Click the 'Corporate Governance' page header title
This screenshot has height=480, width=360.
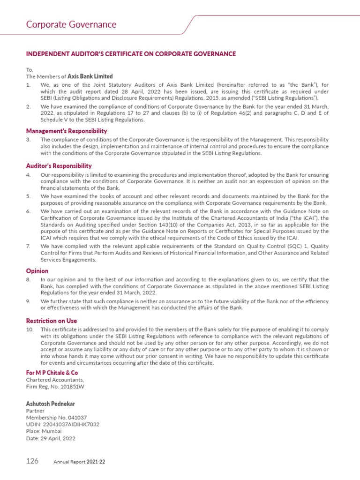tap(71, 24)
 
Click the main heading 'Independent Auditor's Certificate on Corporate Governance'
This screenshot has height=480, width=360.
tap(131, 54)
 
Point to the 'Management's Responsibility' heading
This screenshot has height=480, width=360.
tap(66, 131)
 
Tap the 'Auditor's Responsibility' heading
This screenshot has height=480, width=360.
tap(59, 166)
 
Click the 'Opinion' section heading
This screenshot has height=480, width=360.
tap(37, 271)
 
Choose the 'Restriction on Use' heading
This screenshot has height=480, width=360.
tap(51, 321)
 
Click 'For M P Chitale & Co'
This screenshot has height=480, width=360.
tap(52, 372)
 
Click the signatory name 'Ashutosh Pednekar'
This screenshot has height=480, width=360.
tap(50, 404)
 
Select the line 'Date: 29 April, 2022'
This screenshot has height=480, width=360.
tap(51, 439)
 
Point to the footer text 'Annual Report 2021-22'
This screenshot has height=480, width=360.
tap(79, 462)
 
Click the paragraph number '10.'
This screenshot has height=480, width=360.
tap(30, 330)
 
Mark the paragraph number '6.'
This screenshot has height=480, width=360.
tap(28, 211)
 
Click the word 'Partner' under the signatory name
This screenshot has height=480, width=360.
tap(35, 410)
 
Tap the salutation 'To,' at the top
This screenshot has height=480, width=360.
tap(30, 69)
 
